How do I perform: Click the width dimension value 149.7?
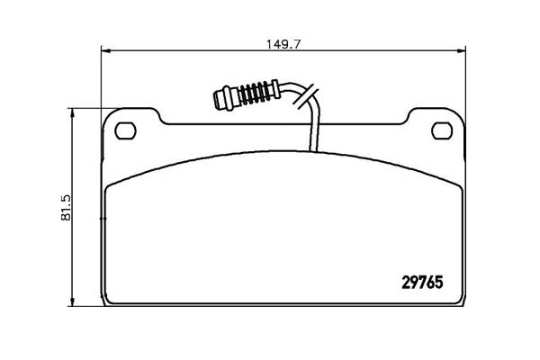tap(283, 44)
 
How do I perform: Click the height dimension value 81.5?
tap(66, 207)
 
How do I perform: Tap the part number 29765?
tap(422, 283)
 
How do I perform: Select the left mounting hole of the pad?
tap(125, 130)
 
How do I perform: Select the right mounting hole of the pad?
tap(442, 130)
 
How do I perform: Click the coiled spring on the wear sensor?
tap(255, 94)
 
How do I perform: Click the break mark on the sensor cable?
tap(305, 95)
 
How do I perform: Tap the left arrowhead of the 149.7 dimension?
tap(106, 51)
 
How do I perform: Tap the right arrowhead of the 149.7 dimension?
tap(461, 50)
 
